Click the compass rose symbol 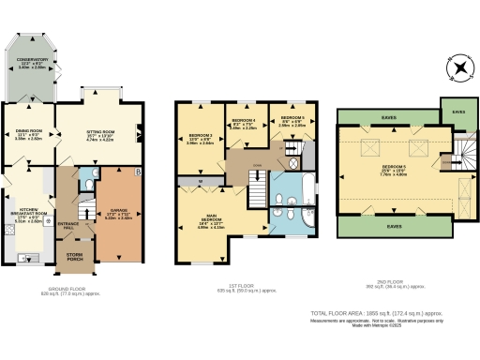click(x=460, y=68)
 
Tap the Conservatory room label click(x=32, y=64)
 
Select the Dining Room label click(x=30, y=134)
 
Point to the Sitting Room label click(x=98, y=136)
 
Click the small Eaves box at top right click(x=457, y=112)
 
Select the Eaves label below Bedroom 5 click(x=392, y=225)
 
